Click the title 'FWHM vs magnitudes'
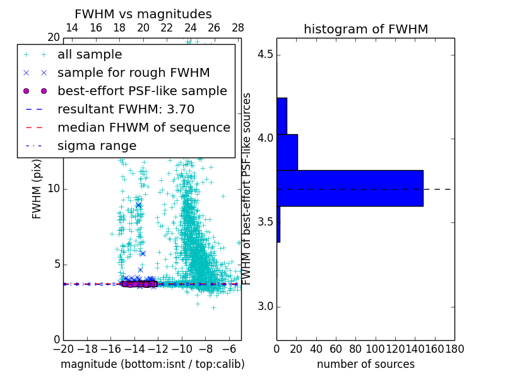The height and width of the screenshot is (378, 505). [x=143, y=14]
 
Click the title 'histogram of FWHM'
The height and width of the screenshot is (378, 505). [x=365, y=29]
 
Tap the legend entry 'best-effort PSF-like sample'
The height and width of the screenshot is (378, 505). [x=142, y=91]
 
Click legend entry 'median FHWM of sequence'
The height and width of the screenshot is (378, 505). [x=144, y=127]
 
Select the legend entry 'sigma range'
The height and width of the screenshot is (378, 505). [x=97, y=146]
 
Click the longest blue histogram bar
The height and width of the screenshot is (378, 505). [x=350, y=188]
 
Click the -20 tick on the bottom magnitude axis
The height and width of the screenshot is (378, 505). [x=63, y=348]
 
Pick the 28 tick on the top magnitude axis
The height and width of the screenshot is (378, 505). [x=238, y=28]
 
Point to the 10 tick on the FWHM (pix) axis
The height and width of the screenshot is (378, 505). [x=54, y=189]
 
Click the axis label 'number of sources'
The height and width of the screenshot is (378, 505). [x=365, y=364]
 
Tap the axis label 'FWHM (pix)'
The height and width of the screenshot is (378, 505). [x=37, y=189]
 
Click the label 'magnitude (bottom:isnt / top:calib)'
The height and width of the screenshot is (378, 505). [x=152, y=364]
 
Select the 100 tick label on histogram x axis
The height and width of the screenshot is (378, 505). [x=376, y=348]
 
